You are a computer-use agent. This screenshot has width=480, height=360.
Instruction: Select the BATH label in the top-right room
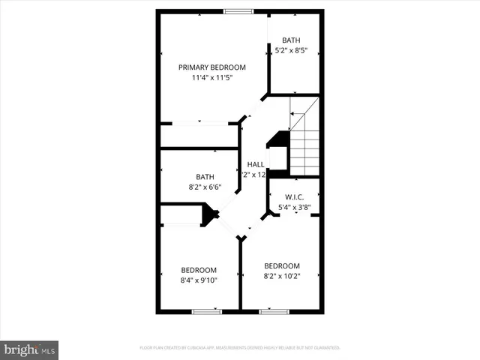[x=290, y=40]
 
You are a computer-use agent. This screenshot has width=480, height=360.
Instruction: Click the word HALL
[x=255, y=164]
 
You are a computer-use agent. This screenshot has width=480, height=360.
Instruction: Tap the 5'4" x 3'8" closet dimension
[x=295, y=208]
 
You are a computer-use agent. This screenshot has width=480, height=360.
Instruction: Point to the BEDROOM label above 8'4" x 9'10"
[x=199, y=270]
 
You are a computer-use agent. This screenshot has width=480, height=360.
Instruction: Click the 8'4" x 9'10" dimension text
[x=199, y=281]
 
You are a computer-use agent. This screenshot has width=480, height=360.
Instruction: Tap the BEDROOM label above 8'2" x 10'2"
[x=282, y=265]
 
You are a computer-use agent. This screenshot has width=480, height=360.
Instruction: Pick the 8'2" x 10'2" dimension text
[x=282, y=277]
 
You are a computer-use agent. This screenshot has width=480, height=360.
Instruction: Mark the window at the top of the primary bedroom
[x=238, y=11]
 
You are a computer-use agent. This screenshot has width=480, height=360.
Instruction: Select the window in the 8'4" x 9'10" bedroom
[x=203, y=311]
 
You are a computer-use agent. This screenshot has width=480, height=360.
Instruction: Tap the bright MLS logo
[x=30, y=349]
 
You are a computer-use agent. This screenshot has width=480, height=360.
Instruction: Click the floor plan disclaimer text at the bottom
[x=240, y=348]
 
